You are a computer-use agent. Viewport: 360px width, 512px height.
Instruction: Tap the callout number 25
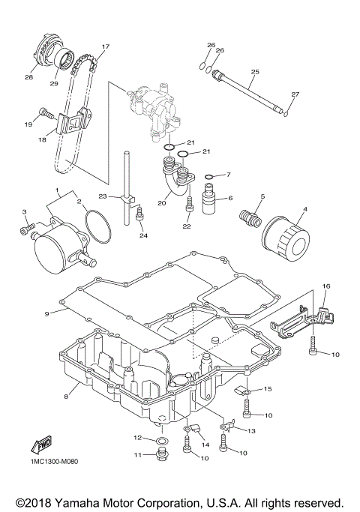(254, 72)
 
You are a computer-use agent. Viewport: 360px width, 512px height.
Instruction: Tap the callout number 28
(29, 77)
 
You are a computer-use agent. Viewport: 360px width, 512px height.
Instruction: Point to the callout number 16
(326, 286)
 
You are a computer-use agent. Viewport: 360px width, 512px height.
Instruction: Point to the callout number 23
(109, 198)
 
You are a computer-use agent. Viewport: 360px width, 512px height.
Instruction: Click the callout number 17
(105, 46)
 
